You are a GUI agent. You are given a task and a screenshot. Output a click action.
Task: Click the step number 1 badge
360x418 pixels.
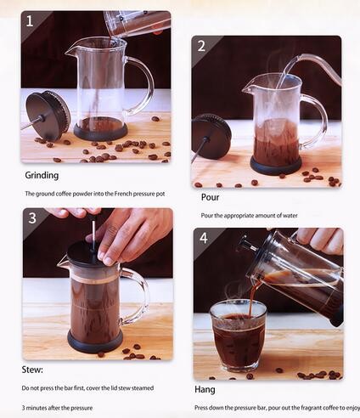click(x=30, y=21)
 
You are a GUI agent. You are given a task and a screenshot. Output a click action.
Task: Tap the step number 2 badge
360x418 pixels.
click(x=201, y=46)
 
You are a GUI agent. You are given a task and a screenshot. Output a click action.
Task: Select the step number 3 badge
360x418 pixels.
click(x=32, y=218)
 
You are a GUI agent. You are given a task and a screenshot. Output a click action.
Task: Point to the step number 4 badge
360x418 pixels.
click(x=203, y=238)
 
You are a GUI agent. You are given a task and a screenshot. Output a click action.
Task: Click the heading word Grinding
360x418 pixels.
click(x=42, y=175)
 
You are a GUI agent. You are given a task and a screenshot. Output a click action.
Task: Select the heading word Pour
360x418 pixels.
click(x=210, y=197)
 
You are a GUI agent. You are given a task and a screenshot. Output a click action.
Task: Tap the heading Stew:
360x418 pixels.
click(x=32, y=370)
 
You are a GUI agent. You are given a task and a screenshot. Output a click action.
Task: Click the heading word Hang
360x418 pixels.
click(x=205, y=390)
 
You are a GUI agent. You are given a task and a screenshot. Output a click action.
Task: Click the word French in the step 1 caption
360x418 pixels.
click(x=123, y=194)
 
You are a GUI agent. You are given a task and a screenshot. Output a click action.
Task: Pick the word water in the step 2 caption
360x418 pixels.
click(x=290, y=216)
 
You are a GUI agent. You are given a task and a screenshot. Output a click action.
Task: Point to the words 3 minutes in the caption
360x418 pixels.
click(x=35, y=408)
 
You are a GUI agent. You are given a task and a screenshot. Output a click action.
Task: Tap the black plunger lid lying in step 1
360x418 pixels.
click(x=48, y=116)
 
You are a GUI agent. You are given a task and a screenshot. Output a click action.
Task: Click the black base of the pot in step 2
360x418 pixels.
click(x=276, y=165)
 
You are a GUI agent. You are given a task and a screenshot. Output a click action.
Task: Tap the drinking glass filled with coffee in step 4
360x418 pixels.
click(x=238, y=336)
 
